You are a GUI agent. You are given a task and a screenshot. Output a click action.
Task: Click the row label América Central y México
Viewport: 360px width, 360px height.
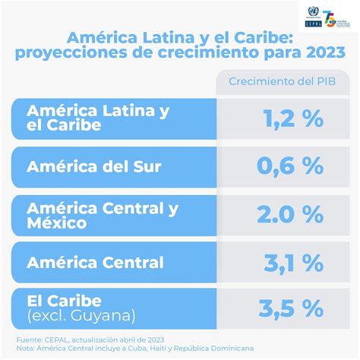103,214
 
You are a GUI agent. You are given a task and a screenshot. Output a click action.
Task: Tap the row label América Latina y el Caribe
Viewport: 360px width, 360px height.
97,118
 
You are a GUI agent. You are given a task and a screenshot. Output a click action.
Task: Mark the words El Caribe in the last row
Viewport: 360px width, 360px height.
64,301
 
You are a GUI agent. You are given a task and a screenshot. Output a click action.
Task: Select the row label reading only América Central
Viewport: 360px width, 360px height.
95,263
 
